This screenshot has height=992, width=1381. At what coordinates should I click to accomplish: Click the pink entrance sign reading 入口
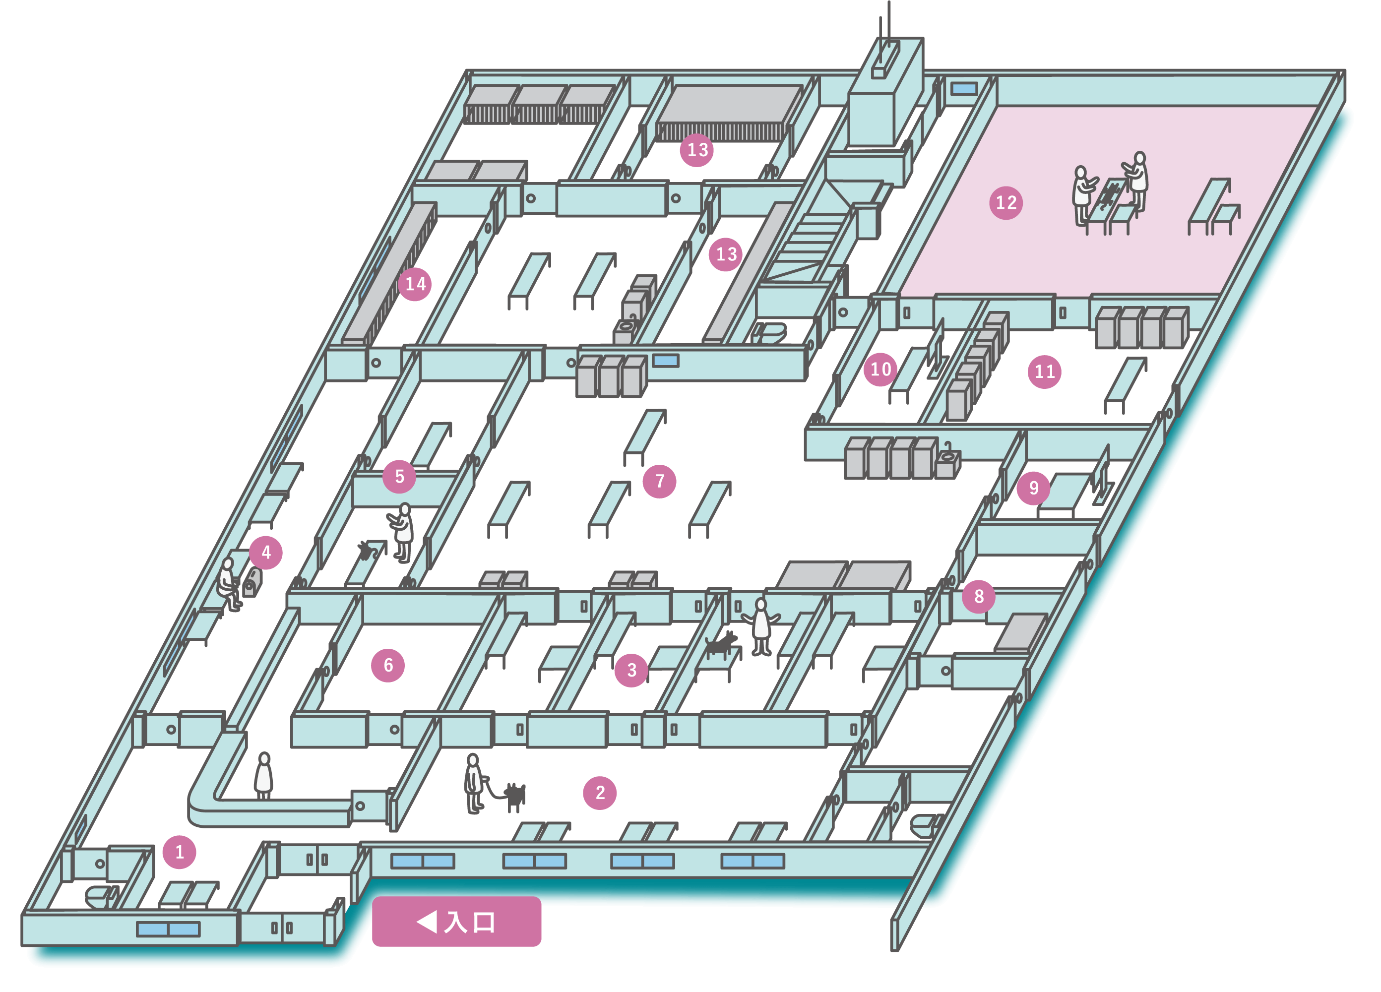pyautogui.click(x=457, y=922)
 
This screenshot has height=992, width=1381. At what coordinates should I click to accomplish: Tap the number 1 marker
pyautogui.click(x=179, y=852)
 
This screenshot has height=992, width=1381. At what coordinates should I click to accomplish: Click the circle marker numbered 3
pyautogui.click(x=631, y=670)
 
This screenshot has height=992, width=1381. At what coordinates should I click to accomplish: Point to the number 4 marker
pyautogui.click(x=265, y=553)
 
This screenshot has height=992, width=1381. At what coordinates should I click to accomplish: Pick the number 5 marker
pyautogui.click(x=399, y=476)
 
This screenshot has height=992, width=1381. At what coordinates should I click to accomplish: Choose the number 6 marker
pyautogui.click(x=388, y=665)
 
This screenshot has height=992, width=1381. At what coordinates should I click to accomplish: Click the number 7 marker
pyautogui.click(x=659, y=481)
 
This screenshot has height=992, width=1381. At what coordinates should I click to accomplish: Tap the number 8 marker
pyautogui.click(x=979, y=596)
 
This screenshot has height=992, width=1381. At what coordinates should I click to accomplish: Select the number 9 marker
pyautogui.click(x=1033, y=488)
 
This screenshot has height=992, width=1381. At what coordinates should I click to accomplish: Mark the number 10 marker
pyautogui.click(x=880, y=369)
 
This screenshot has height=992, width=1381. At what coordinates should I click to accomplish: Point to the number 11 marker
pyautogui.click(x=1044, y=372)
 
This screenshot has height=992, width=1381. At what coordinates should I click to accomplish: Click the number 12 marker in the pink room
pyautogui.click(x=1006, y=203)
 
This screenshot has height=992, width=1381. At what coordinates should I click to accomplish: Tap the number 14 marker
pyautogui.click(x=415, y=284)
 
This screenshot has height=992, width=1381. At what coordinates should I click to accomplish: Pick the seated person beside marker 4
pyautogui.click(x=228, y=584)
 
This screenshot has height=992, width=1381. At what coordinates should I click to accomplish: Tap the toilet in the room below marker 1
pyautogui.click(x=101, y=896)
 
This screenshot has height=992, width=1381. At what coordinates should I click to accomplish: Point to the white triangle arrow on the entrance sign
pyautogui.click(x=428, y=922)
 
